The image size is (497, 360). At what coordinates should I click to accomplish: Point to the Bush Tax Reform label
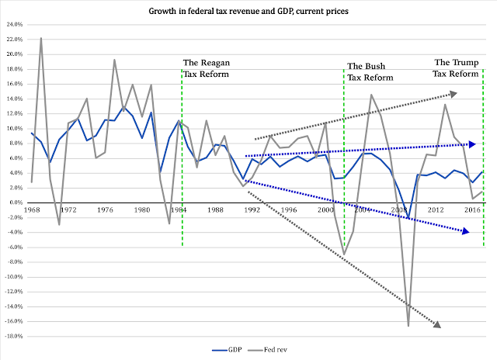tap(371, 72)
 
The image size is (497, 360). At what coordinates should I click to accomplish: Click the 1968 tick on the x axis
tap(32, 210)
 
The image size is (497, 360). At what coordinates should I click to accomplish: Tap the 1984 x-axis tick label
tap(179, 210)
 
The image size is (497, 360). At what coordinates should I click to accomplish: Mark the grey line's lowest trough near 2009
tap(408, 325)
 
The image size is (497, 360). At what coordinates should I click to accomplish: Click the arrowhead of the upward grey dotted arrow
tap(454, 93)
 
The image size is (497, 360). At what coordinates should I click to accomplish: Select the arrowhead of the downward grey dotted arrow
tap(436, 324)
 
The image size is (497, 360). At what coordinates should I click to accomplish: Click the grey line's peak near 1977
tap(114, 60)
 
